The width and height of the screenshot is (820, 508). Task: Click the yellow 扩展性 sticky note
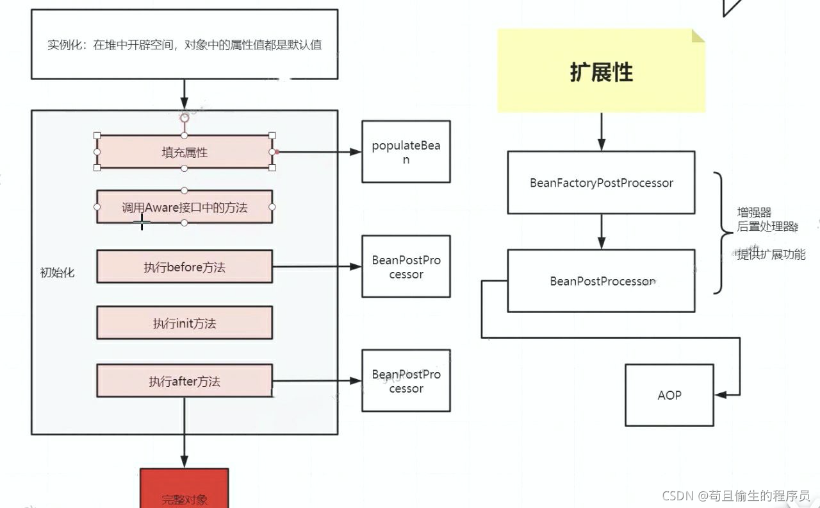click(x=601, y=71)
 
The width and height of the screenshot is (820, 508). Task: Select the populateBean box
click(x=406, y=152)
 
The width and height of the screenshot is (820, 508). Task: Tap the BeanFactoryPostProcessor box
click(x=601, y=183)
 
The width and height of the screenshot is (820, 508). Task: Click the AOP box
click(x=669, y=395)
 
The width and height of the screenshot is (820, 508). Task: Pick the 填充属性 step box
click(x=184, y=152)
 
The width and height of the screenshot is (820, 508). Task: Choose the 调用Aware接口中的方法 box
click(x=184, y=207)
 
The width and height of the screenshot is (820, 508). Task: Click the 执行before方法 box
click(x=184, y=266)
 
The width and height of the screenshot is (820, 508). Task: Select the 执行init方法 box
click(x=184, y=323)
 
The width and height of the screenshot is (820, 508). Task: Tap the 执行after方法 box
click(x=184, y=381)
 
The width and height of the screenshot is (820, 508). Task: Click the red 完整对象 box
click(x=184, y=488)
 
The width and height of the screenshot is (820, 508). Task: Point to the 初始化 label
click(x=57, y=273)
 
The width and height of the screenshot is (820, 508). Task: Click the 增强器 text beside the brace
click(x=754, y=212)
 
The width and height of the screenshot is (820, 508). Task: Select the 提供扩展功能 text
click(x=771, y=254)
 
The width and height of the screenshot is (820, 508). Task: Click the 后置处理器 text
click(x=767, y=226)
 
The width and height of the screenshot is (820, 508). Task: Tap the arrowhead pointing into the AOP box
click(x=721, y=395)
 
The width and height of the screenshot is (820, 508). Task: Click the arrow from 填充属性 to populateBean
click(x=318, y=152)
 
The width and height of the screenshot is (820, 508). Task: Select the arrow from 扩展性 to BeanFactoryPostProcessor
click(x=602, y=131)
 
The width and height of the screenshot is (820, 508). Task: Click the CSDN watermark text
click(x=736, y=496)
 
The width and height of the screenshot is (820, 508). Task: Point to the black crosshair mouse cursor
click(x=142, y=222)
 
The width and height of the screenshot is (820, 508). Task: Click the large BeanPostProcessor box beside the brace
click(x=601, y=281)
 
